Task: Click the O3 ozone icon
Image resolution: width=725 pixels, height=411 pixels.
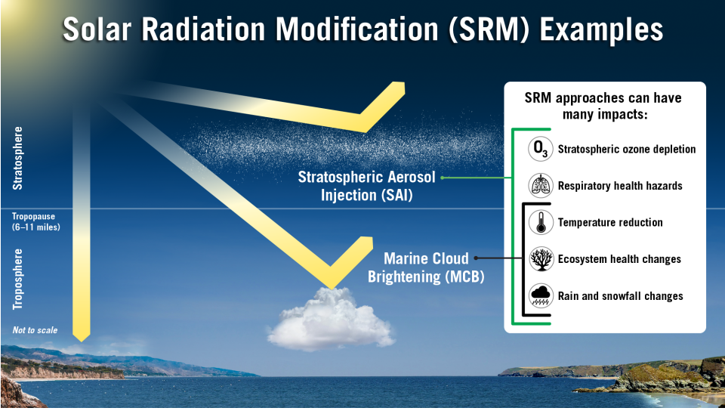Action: [541, 149]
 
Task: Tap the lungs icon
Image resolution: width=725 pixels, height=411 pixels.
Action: [541, 185]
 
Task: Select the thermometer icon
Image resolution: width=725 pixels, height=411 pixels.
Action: [541, 222]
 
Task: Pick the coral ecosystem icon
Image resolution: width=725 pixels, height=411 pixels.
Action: [541, 259]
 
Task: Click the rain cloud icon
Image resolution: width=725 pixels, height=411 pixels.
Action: [541, 296]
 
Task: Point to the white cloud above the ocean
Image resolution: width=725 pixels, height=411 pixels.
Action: [331, 319]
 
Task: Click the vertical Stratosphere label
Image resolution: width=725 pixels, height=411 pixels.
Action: [17, 158]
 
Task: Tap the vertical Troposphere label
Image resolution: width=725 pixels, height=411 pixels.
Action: [17, 280]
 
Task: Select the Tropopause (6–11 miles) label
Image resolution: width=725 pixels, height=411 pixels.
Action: [36, 222]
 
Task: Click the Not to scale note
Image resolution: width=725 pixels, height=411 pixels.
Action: [35, 330]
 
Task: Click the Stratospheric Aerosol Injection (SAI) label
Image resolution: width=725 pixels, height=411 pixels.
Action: [367, 186]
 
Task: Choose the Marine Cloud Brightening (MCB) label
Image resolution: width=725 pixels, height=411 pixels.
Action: [426, 267]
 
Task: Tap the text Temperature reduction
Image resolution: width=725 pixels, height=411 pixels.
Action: [610, 222]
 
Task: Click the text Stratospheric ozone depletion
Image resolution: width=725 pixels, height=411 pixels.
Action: [627, 149]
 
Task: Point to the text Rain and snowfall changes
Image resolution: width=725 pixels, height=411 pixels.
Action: [621, 296]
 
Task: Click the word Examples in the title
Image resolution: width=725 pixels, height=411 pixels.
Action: [602, 29]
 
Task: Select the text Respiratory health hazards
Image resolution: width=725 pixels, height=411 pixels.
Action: [620, 186]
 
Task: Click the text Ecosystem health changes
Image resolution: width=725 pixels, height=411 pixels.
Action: [619, 259]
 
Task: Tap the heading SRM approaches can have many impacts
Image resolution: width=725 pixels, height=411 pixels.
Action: [603, 106]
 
